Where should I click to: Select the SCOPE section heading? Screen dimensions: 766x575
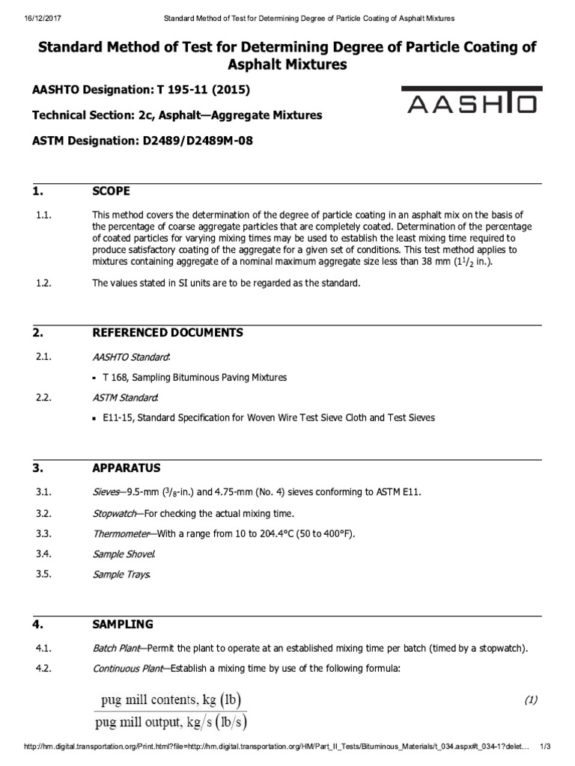click(x=111, y=191)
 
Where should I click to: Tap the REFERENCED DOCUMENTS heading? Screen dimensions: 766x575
click(x=167, y=332)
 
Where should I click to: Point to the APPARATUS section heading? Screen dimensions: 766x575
click(x=126, y=468)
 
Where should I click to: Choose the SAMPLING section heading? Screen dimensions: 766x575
click(x=122, y=623)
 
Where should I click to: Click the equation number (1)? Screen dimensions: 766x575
click(x=531, y=700)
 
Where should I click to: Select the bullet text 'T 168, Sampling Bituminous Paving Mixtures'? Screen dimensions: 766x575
click(x=195, y=377)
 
